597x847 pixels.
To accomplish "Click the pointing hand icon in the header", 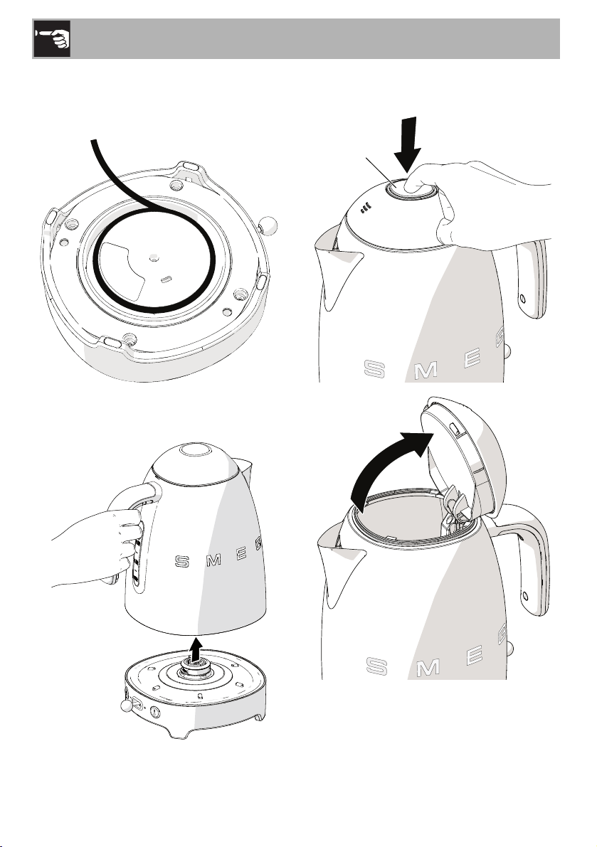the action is pos(52,38).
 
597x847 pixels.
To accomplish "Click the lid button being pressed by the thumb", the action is pos(410,191).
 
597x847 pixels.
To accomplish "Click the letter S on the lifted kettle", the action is pos(182,562).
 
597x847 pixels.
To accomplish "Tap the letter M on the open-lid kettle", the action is pos(428,668).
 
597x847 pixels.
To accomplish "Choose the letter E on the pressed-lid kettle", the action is pos(472,361).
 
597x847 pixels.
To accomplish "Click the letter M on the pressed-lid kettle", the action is pos(426,371).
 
